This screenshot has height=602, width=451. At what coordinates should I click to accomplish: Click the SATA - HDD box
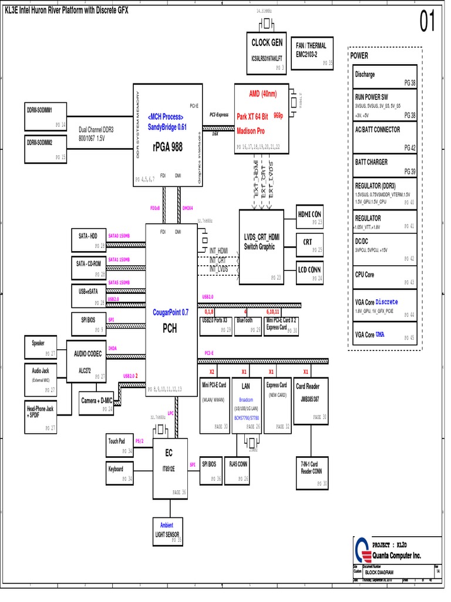88,240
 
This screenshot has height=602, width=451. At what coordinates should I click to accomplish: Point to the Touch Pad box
119,445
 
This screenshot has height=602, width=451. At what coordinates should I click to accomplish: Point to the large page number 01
427,22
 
